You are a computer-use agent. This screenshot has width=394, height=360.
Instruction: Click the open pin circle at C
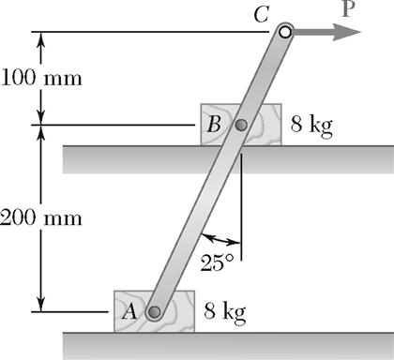[284, 32]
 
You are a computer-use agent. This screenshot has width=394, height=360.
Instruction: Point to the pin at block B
[241, 125]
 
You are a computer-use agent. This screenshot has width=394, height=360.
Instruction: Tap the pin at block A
[155, 312]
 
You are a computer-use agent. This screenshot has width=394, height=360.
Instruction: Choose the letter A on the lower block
[130, 312]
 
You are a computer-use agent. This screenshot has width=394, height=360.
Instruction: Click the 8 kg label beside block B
[311, 125]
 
